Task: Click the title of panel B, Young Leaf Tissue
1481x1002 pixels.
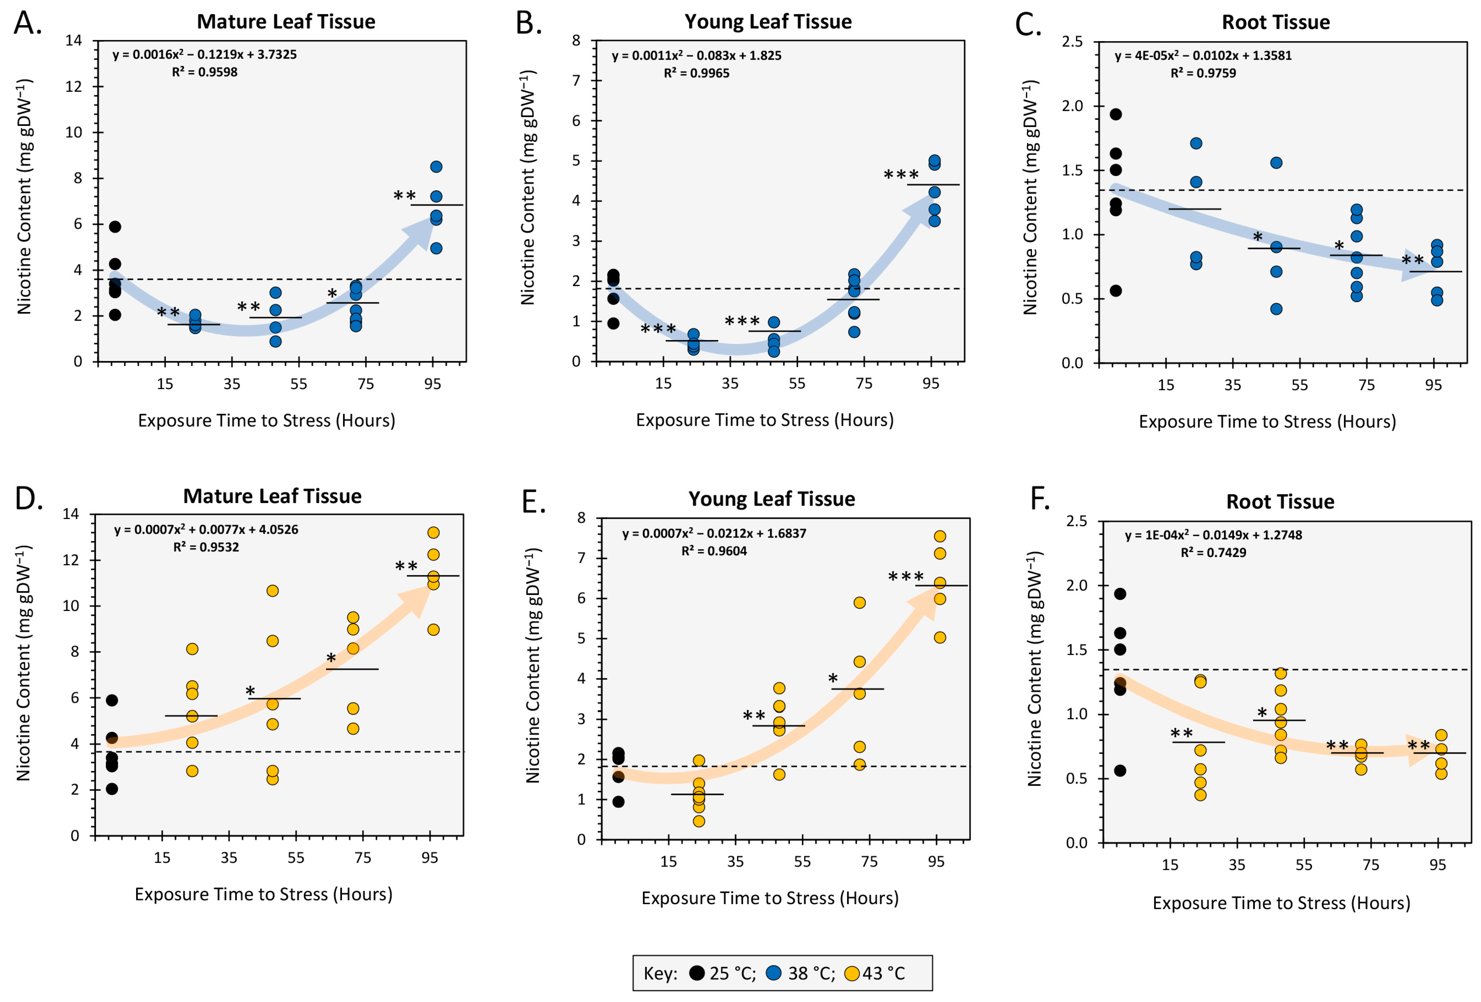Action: click(768, 22)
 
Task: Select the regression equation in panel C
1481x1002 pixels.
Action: click(1202, 55)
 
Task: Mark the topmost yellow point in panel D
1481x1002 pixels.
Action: click(433, 532)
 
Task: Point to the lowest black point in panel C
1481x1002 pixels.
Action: click(1115, 291)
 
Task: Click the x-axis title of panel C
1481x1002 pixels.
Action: click(1267, 421)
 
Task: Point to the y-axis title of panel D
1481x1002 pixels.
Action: click(24, 663)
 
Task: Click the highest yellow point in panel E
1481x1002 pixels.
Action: click(939, 536)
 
